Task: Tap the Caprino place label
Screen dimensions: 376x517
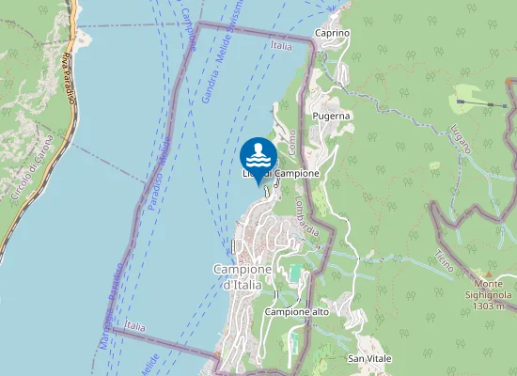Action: (x=333, y=33)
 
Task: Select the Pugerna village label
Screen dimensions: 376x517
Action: (x=331, y=116)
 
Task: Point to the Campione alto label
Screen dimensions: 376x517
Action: (x=297, y=311)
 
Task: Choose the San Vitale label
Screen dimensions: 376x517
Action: (x=369, y=359)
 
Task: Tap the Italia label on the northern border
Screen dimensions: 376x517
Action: (x=280, y=45)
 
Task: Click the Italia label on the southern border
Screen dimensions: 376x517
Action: (x=135, y=326)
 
